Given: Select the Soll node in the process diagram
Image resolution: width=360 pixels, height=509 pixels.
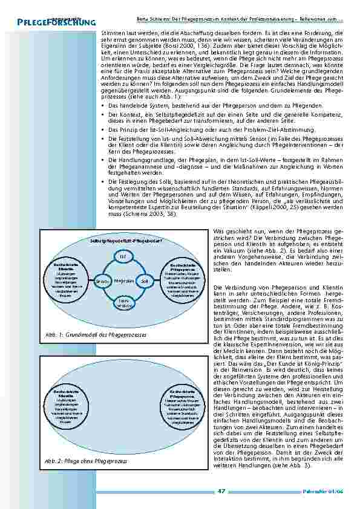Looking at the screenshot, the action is [145, 282].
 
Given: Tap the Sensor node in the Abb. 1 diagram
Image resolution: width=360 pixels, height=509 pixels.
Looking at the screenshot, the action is [101, 282].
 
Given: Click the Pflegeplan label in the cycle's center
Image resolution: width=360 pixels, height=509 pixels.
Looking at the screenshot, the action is [123, 282].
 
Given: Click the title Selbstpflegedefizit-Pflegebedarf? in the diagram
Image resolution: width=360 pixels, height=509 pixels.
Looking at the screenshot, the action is [123, 241].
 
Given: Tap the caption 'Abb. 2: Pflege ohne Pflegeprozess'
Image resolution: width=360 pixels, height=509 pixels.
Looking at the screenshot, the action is [86, 461].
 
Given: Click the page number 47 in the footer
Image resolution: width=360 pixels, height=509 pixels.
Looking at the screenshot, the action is [221, 491].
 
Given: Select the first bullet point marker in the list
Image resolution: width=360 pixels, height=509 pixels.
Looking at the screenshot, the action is [103, 105].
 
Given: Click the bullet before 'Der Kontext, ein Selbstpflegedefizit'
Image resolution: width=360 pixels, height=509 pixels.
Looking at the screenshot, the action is [103, 114].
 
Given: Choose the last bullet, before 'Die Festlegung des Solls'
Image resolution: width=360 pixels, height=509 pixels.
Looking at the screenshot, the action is [103, 181].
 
